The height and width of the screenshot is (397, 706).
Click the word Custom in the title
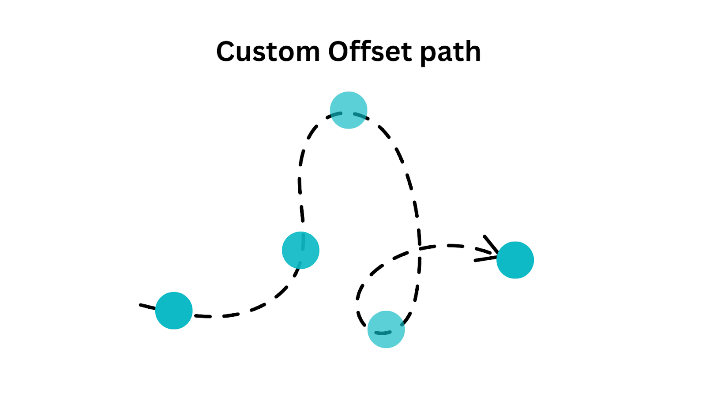268,52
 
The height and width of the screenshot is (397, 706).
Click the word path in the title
450,52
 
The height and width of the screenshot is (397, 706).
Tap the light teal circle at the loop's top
349,110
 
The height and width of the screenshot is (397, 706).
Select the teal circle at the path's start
174,311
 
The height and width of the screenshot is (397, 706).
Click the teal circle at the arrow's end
515,260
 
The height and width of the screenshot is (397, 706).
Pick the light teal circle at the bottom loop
386,329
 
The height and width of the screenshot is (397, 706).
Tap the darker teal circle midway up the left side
300,250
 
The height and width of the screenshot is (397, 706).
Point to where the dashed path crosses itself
419,248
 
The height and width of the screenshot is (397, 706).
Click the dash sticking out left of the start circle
147,306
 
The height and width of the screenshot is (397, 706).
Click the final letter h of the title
472,52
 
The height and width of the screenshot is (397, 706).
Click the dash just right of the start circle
203,316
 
